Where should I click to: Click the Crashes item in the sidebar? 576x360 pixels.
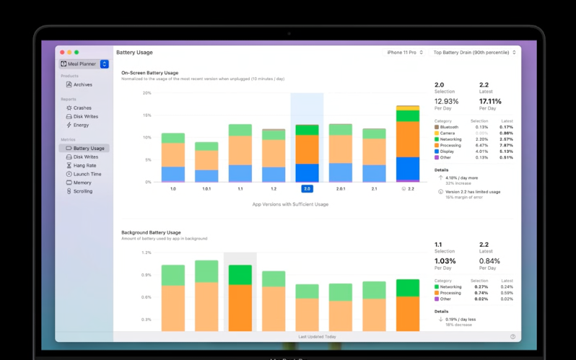coord(82,108)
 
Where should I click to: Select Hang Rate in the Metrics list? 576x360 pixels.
coord(84,166)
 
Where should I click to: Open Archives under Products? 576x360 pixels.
coord(82,85)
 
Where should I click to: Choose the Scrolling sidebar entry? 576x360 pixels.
coord(82,192)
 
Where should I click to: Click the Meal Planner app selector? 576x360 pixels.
coord(84,64)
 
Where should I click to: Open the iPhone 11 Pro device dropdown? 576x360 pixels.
coord(405,53)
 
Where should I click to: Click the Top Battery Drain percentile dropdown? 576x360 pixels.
coord(474,53)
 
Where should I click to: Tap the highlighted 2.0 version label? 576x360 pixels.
coord(307,189)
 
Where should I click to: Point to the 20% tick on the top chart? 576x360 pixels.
coord(147,93)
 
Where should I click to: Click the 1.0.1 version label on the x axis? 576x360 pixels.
coord(206,189)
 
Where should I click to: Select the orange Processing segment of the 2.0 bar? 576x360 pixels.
coord(307,149)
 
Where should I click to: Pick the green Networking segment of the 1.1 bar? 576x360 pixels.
coord(240,131)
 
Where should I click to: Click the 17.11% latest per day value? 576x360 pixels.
coord(490,102)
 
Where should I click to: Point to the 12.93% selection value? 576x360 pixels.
coord(446,102)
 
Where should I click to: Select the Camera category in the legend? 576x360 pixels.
coord(447,133)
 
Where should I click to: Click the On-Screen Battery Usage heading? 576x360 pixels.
coord(149,73)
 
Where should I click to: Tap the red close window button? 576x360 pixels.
coord(62,53)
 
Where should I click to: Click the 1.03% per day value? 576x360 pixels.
coord(445,261)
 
